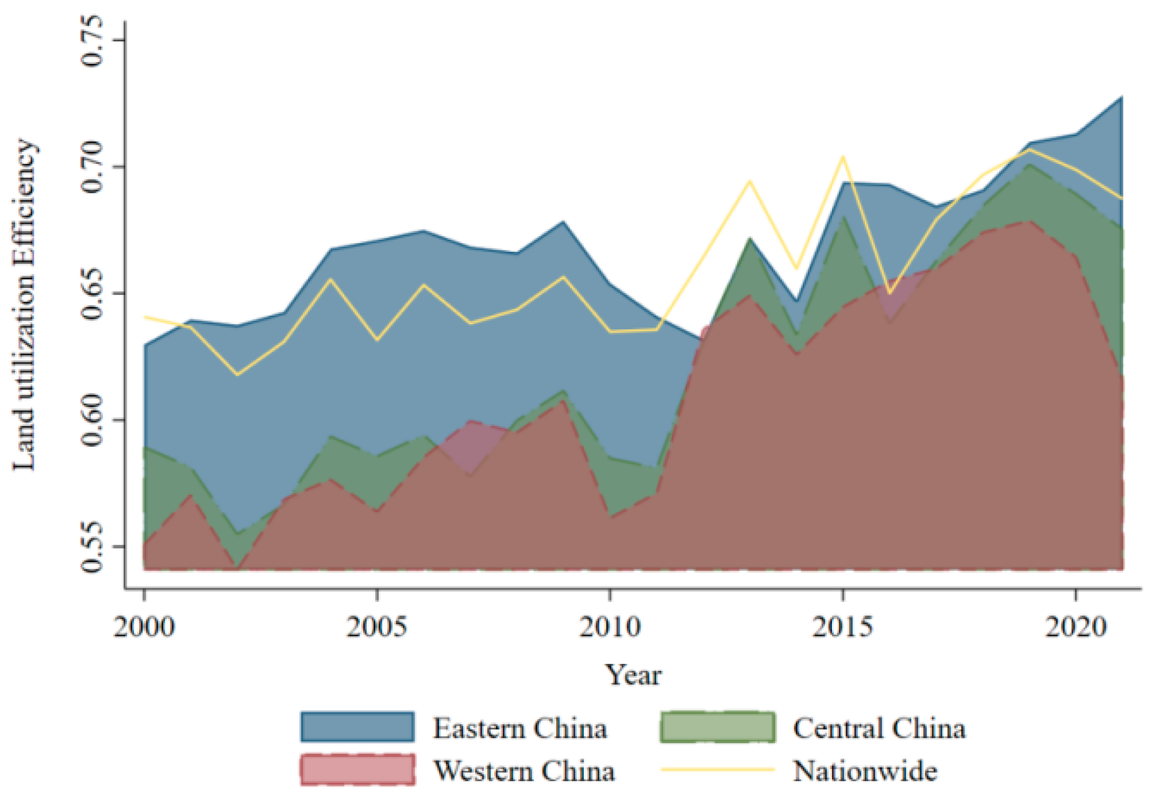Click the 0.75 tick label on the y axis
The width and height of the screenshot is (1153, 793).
[91, 40]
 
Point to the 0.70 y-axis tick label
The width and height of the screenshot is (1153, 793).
[91, 167]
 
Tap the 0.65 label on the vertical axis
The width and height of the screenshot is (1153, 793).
[91, 293]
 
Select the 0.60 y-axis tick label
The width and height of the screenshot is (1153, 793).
[91, 420]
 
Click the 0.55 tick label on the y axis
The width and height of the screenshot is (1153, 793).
[91, 547]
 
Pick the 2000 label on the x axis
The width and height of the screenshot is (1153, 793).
[144, 627]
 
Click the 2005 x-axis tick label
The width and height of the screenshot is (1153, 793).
[377, 627]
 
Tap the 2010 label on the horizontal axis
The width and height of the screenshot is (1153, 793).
[610, 627]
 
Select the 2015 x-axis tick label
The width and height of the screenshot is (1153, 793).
[843, 627]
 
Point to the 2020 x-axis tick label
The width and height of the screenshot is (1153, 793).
[1076, 627]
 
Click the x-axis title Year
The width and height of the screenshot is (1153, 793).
[633, 674]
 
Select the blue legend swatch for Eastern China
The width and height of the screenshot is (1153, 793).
[357, 727]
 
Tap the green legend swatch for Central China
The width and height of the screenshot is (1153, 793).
[717, 727]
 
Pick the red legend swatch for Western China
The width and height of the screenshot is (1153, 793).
[357, 769]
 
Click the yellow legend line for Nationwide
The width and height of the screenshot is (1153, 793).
[717, 769]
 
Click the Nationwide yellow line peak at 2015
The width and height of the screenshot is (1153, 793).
[843, 156]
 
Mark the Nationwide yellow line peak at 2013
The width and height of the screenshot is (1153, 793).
[750, 180]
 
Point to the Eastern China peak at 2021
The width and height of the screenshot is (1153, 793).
[1121, 96]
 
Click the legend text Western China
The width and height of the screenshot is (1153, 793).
[524, 770]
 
